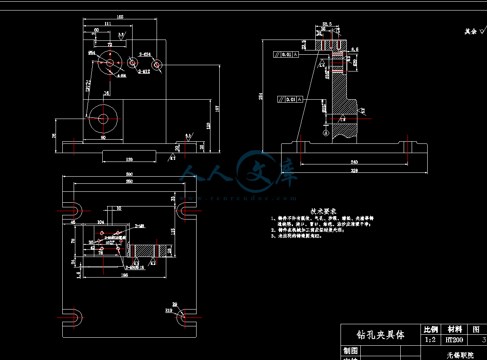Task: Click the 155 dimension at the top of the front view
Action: pyautogui.click(x=120, y=17)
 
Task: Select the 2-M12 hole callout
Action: pyautogui.click(x=144, y=71)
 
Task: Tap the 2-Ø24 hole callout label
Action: pyautogui.click(x=145, y=54)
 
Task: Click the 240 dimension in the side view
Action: pyautogui.click(x=354, y=162)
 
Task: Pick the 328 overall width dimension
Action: pyautogui.click(x=354, y=171)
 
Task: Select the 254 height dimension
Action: pyautogui.click(x=261, y=96)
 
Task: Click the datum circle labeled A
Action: pyautogui.click(x=325, y=132)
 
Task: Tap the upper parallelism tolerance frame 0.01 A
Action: pyautogui.click(x=286, y=54)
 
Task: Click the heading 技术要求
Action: pyautogui.click(x=323, y=211)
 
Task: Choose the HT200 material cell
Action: pyautogui.click(x=454, y=340)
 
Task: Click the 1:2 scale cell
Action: pyautogui.click(x=430, y=340)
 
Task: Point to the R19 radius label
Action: pyautogui.click(x=169, y=310)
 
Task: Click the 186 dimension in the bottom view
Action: pyautogui.click(x=124, y=275)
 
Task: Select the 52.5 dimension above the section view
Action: pyautogui.click(x=327, y=24)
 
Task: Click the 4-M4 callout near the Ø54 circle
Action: pyautogui.click(x=122, y=76)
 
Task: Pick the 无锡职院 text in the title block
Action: pyautogui.click(x=460, y=355)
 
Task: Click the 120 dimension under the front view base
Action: pyautogui.click(x=129, y=159)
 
